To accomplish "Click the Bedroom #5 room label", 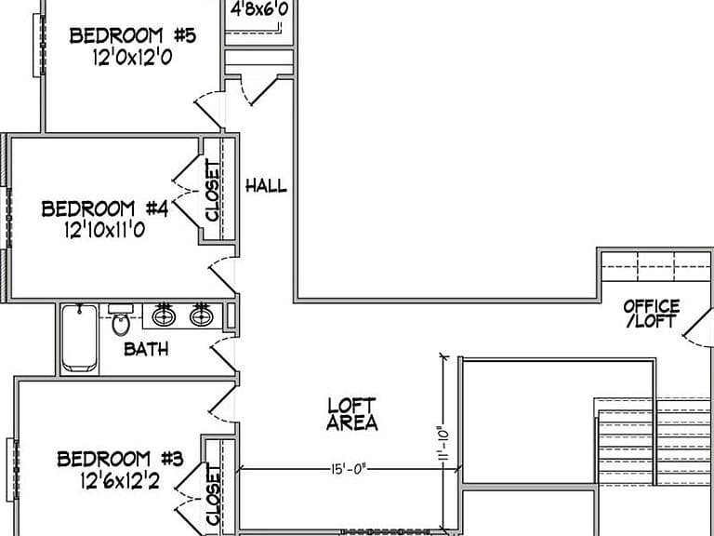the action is [133, 35].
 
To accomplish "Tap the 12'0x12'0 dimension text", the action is [133, 58].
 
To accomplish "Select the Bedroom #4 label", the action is [105, 208].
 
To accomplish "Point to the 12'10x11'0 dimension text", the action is [105, 230].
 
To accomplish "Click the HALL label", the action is [267, 185].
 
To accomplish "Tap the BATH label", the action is [146, 349].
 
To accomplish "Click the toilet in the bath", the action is [121, 320].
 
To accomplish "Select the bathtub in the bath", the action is [80, 338].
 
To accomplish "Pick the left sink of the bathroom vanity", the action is [164, 315].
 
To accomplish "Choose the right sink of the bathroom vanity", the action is [201, 315].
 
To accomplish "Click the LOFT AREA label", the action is [352, 414].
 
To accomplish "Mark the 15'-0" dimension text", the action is [349, 469].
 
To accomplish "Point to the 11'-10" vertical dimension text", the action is [444, 444].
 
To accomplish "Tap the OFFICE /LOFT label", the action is [652, 314].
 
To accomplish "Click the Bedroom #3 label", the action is [120, 459].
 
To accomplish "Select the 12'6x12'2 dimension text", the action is [120, 480].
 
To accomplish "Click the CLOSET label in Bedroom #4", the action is [213, 190].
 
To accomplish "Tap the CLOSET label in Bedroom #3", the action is [214, 495].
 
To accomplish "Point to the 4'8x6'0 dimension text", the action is [259, 9].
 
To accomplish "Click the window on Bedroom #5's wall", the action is [39, 45].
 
